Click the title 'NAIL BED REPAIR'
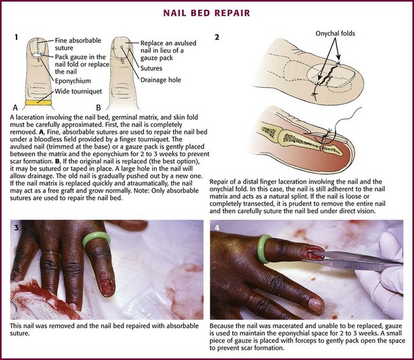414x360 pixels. (x=206, y=13)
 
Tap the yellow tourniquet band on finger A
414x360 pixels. (x=38, y=103)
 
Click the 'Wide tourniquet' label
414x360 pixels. (x=78, y=91)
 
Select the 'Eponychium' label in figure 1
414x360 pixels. (x=73, y=80)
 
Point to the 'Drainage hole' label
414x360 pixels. (x=161, y=80)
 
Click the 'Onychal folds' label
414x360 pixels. (x=335, y=33)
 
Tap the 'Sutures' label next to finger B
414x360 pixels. (x=152, y=68)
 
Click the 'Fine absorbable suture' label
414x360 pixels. (x=78, y=44)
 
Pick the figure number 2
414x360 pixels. (x=217, y=37)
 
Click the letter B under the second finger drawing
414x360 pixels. (x=99, y=108)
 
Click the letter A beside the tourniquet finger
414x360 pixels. (x=15, y=108)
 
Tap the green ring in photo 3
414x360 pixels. (x=96, y=239)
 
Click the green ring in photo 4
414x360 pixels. (x=264, y=248)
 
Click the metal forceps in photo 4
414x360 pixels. (x=353, y=261)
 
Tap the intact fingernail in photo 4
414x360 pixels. (x=316, y=305)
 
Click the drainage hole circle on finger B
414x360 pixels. (x=122, y=47)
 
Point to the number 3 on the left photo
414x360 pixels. (x=17, y=227)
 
